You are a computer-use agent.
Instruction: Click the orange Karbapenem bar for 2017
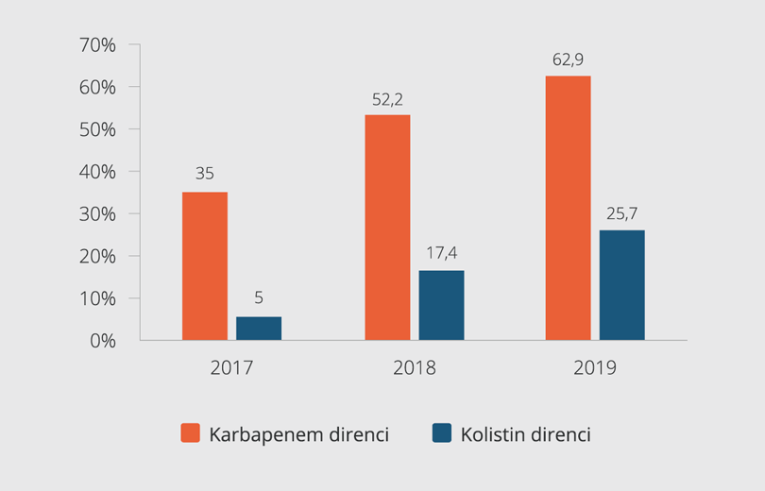[x=205, y=265]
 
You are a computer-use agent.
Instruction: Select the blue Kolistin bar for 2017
[x=259, y=328]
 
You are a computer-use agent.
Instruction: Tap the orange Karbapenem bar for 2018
[x=387, y=227]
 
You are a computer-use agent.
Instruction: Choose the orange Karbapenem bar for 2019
[x=568, y=207]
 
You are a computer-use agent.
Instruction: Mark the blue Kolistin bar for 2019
[x=621, y=284]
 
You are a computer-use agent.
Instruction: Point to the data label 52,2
[x=387, y=99]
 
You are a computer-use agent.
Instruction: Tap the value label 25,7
[x=621, y=214]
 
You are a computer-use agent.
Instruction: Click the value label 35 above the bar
[x=205, y=175]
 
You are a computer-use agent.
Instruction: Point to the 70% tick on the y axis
[x=96, y=44]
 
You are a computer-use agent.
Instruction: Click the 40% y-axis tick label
[x=96, y=172]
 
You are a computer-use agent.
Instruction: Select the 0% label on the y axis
[x=101, y=341]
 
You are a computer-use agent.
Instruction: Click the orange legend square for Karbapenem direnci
[x=191, y=433]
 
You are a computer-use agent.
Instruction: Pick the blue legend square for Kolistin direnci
[x=442, y=433]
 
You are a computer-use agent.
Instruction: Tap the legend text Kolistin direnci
[x=526, y=434]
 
